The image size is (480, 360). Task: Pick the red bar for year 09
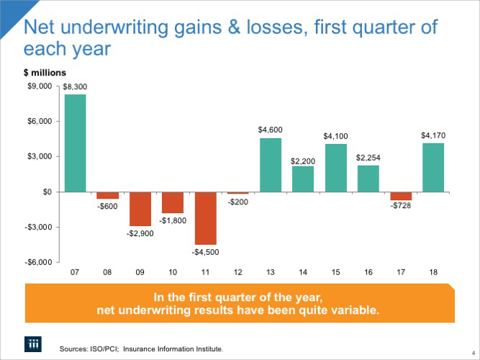point(140,209)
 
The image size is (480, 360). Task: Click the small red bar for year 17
point(400,196)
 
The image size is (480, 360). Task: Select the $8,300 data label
point(75,86)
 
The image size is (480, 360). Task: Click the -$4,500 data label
point(206,253)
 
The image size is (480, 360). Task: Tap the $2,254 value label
point(368,157)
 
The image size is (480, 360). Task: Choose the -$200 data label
point(238,202)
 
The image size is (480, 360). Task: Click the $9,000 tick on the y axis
point(40,86)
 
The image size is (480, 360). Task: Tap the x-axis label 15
point(335,274)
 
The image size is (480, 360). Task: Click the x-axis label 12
point(237,274)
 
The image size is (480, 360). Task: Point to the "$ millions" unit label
point(45,72)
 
